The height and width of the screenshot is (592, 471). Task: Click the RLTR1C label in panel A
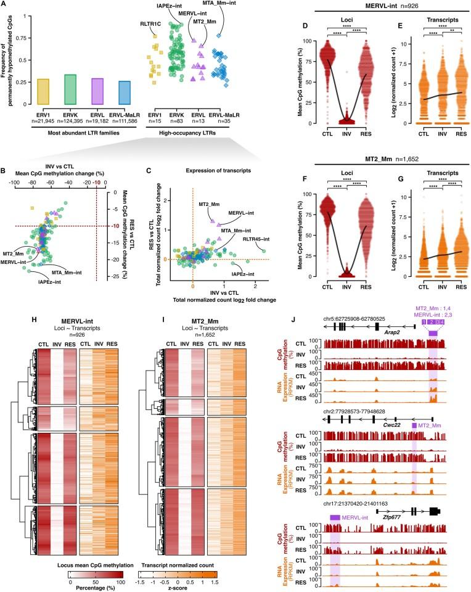pos(152,25)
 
